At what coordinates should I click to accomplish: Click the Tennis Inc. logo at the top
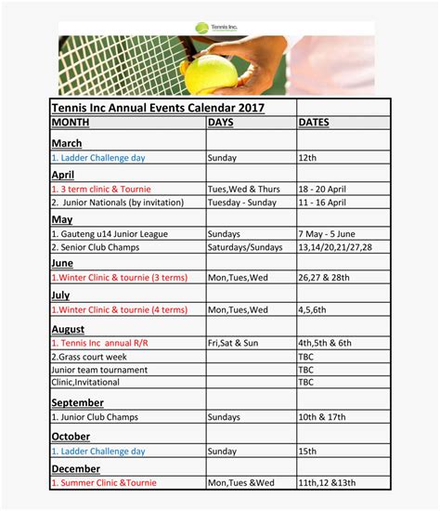point(215,28)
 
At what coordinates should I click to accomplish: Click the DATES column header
point(315,123)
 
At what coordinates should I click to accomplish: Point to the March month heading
point(67,143)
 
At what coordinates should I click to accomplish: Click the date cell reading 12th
point(308,158)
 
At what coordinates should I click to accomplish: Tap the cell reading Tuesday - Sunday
point(243,202)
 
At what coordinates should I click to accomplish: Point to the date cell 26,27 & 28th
point(325,277)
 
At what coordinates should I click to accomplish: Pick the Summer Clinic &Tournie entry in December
point(104,482)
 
